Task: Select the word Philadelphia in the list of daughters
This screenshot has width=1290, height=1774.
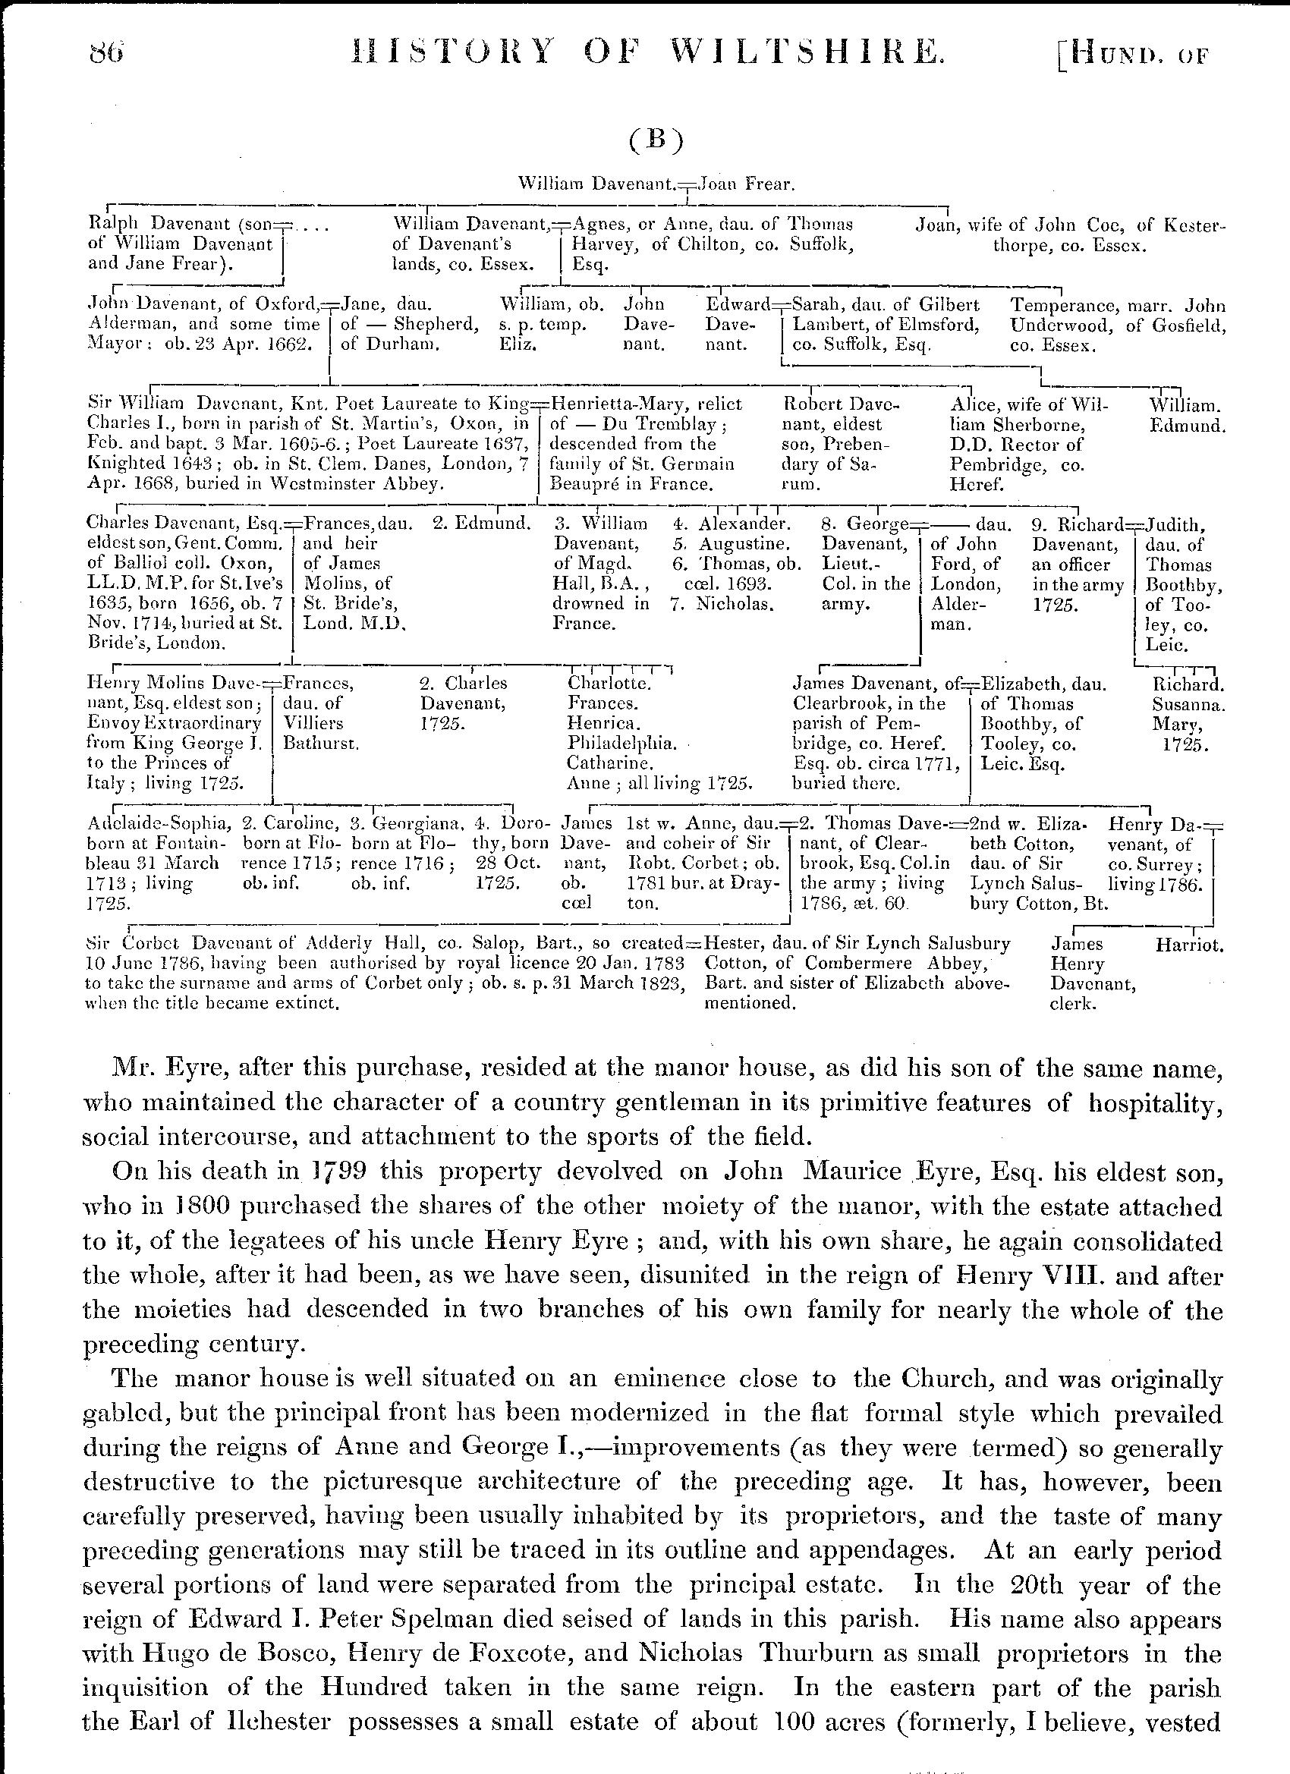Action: tap(622, 741)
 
